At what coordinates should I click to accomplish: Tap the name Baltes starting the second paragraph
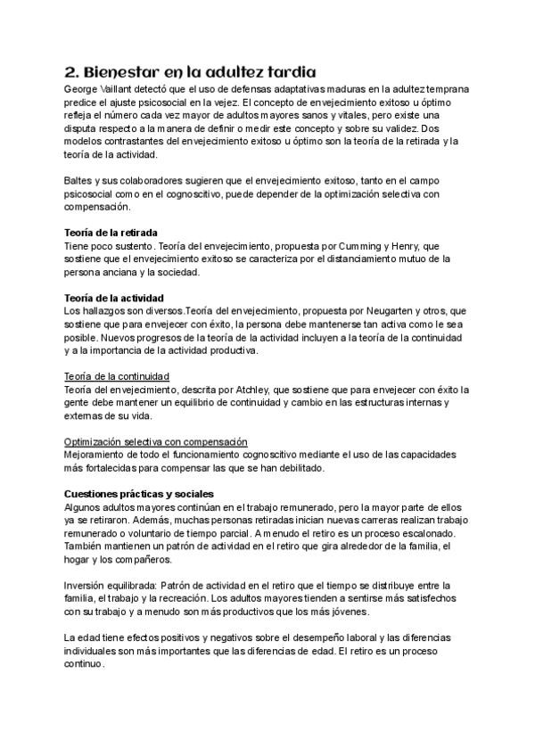79,181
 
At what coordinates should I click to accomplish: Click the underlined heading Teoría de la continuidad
117,376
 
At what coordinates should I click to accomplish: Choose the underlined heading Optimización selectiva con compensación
155,442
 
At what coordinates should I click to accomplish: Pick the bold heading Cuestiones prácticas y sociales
138,494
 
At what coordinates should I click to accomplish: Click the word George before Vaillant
83,90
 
